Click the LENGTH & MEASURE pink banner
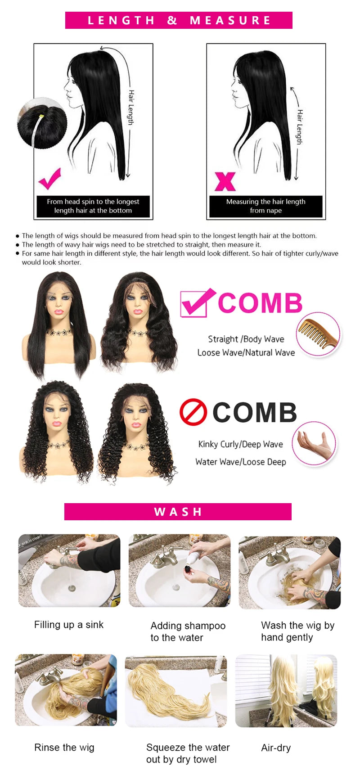pos(179,20)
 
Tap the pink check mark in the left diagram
pos(49,178)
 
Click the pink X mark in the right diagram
pos(225,181)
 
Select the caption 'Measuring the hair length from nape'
pos(265,206)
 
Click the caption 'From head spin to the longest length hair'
pos(93,206)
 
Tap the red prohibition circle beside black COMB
pos(193,412)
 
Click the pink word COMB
pos(260,303)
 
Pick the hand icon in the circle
pos(314,443)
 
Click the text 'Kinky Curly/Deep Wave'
pos(241,444)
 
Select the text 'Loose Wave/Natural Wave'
pos(246,352)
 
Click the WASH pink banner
pos(178,512)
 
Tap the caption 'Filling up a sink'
pos(69,625)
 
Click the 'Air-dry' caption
pos(276,748)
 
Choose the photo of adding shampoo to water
pos(180,570)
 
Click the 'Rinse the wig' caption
pos(64,748)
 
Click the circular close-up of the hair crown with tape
pos(42,123)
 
